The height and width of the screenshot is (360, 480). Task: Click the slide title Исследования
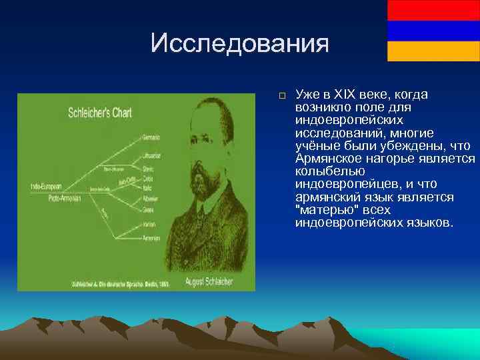tap(239, 43)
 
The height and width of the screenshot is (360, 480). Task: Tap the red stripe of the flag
tap(433, 10)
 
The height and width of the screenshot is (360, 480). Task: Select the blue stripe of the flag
tap(433, 31)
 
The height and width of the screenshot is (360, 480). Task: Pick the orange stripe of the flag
tap(433, 51)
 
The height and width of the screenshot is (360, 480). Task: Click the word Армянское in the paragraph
tap(329, 158)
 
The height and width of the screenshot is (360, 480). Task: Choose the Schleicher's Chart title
tap(100, 113)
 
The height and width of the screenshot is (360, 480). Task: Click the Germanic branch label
tap(151, 138)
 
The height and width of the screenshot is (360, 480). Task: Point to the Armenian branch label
tap(151, 238)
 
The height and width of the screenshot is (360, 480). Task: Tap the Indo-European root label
tap(46, 186)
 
